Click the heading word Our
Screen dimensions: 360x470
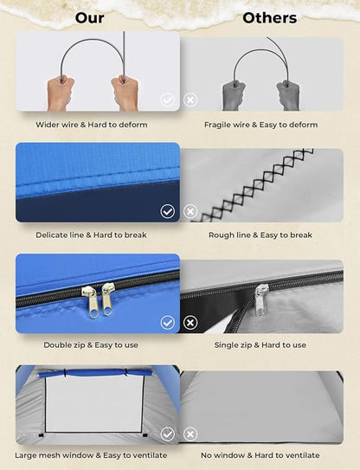pyautogui.click(x=90, y=18)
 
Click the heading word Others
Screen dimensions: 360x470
pyautogui.click(x=270, y=18)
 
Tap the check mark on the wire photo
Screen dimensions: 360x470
pyautogui.click(x=167, y=100)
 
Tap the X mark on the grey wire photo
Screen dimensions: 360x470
pyautogui.click(x=190, y=100)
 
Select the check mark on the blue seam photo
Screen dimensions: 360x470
pyautogui.click(x=167, y=211)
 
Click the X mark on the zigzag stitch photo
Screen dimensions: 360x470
pyautogui.click(x=190, y=211)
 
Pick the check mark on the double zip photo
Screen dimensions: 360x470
pyautogui.click(x=167, y=323)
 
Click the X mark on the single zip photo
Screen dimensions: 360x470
pyautogui.click(x=190, y=323)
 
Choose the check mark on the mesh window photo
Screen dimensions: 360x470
pyautogui.click(x=167, y=434)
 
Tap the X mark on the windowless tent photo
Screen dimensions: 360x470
pyautogui.click(x=190, y=434)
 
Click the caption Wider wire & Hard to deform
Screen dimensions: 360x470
pyautogui.click(x=92, y=125)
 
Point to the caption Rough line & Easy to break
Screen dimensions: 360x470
pyautogui.click(x=260, y=235)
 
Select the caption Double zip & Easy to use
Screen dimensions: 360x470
pyautogui.click(x=91, y=345)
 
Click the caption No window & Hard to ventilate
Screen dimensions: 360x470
pyautogui.click(x=260, y=455)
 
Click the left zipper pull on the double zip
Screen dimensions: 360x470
pyautogui.click(x=91, y=301)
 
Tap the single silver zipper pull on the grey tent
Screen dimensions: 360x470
pyautogui.click(x=260, y=300)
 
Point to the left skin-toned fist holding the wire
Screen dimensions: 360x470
pyautogui.click(x=60, y=93)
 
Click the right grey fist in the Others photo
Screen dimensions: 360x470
pyautogui.click(x=288, y=95)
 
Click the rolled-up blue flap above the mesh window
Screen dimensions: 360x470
pyautogui.click(x=94, y=373)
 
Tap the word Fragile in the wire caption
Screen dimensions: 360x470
pyautogui.click(x=215, y=125)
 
